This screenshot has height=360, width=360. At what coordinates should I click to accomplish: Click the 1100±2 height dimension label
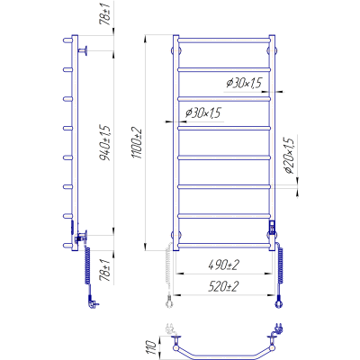137,143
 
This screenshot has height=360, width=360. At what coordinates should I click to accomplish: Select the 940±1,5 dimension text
106,142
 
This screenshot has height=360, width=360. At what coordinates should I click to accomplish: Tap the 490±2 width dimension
223,265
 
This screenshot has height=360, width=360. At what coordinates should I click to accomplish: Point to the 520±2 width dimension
223,287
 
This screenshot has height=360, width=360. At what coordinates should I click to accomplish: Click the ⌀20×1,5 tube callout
289,156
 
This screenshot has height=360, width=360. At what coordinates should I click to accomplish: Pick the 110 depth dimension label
152,348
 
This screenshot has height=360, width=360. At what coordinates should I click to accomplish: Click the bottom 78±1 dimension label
106,271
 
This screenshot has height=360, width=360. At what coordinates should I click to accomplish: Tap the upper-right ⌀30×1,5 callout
244,83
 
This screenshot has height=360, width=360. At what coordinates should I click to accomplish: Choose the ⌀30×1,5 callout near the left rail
202,112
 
